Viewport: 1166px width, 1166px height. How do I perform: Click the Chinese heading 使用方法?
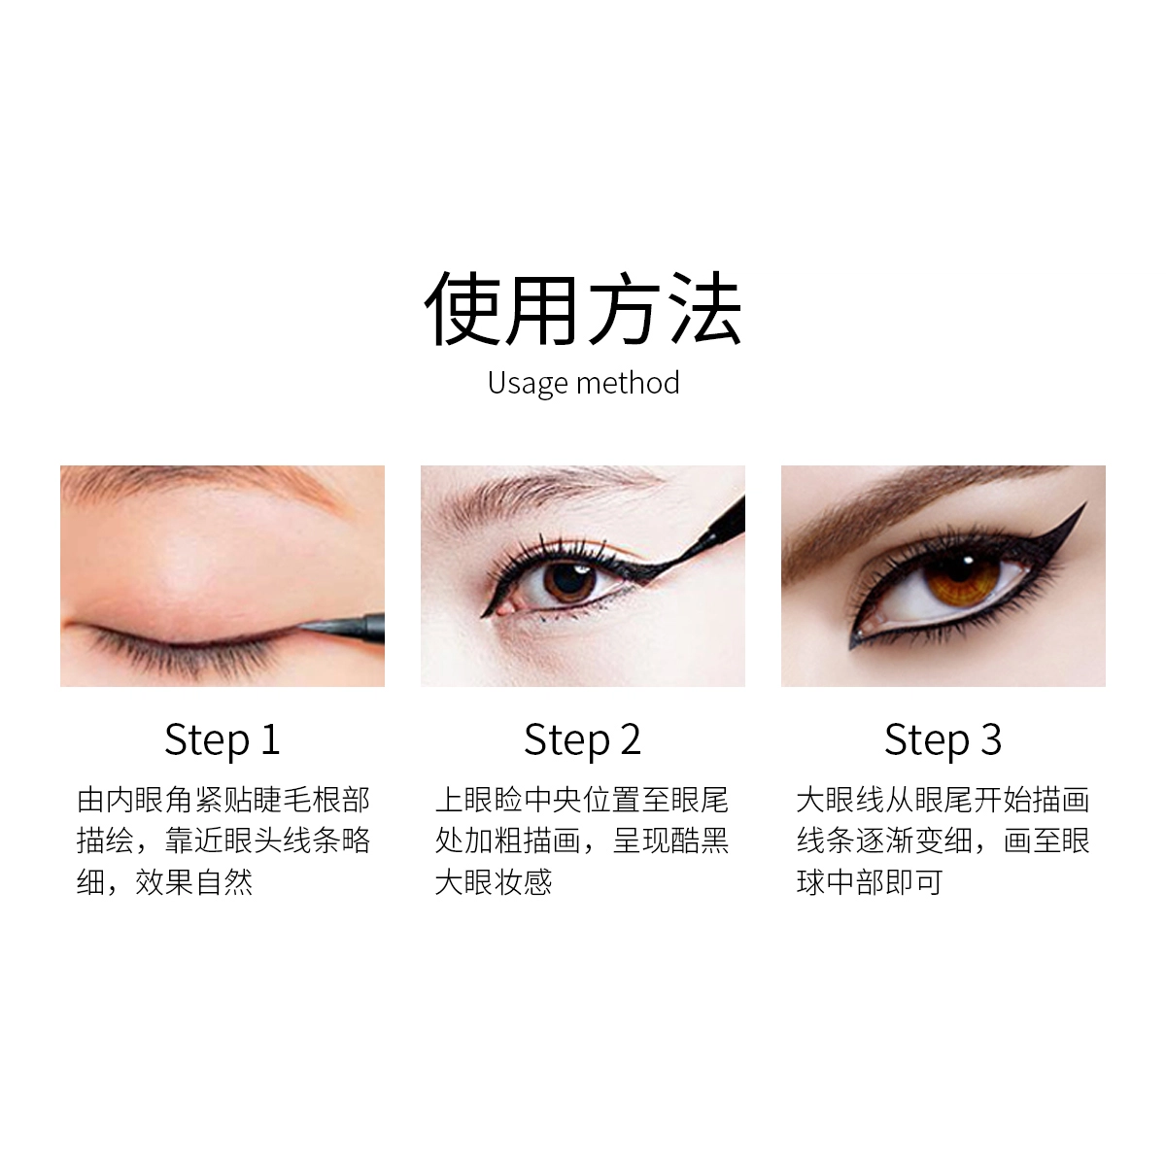pos(583,309)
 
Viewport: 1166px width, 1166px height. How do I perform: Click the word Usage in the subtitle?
pos(529,384)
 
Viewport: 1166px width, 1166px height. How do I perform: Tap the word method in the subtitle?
pos(628,383)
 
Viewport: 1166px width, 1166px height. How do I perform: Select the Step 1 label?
pos(223,740)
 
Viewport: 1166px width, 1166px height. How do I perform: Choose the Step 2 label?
pos(582,740)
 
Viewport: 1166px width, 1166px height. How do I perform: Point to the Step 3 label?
pos(943,740)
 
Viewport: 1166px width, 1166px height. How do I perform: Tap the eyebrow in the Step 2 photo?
pos(544,494)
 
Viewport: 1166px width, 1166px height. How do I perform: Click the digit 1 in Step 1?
pos(270,738)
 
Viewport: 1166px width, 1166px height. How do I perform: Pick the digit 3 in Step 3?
pos(990,738)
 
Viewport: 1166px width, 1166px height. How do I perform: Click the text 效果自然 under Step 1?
pos(193,882)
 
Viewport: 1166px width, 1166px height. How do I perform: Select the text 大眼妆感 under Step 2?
pos(494,882)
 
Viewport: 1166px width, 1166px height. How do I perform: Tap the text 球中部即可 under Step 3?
pos(870,882)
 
